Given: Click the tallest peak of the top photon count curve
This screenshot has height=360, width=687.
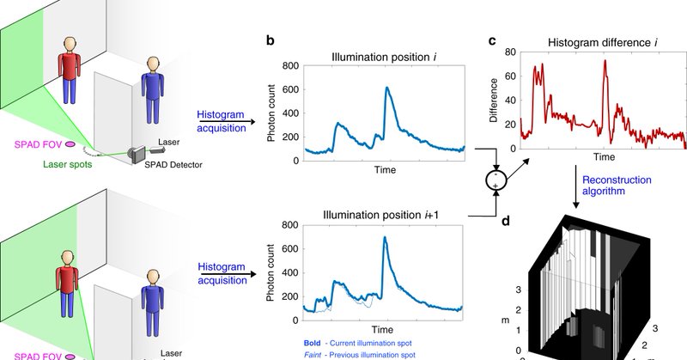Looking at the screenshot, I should [x=387, y=88].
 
